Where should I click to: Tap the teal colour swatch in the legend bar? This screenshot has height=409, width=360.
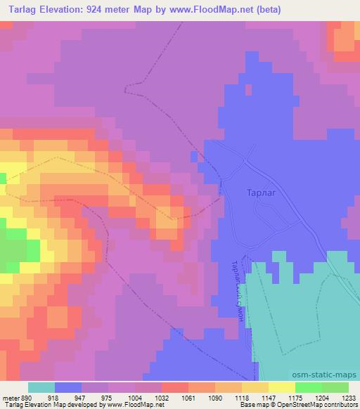coord(41,387)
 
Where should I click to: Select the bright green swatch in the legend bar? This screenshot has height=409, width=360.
coord(309,387)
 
